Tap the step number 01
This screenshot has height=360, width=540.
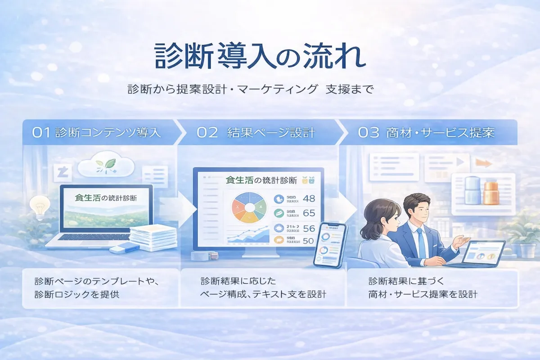click(x=41, y=133)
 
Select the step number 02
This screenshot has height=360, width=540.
click(x=207, y=133)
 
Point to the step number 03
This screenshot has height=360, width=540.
click(x=368, y=133)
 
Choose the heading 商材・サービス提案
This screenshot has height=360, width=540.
click(x=441, y=133)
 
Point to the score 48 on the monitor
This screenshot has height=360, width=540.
click(x=309, y=198)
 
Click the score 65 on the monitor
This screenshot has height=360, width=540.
click(x=309, y=213)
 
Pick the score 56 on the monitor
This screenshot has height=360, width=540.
click(x=309, y=228)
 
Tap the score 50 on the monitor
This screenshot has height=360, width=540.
click(x=309, y=241)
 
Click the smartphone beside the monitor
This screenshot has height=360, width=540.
click(x=330, y=245)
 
